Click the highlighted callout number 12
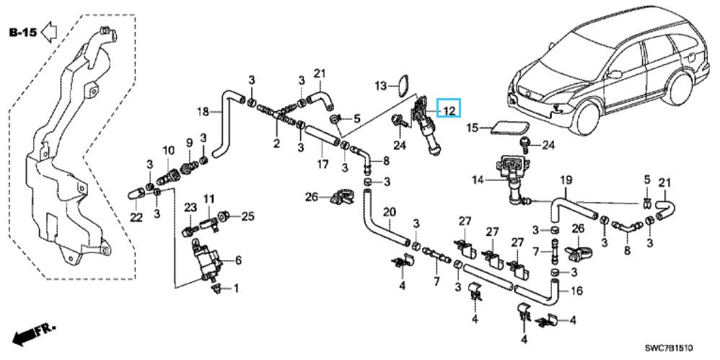point(449,110)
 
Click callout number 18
point(204,111)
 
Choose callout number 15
point(472,128)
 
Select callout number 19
point(566,178)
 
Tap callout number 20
point(390,212)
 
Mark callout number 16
point(576,291)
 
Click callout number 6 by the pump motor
point(239,260)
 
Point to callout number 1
point(235,289)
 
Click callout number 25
point(248,215)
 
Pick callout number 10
point(169,150)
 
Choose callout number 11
point(209,198)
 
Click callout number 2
point(276,144)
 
